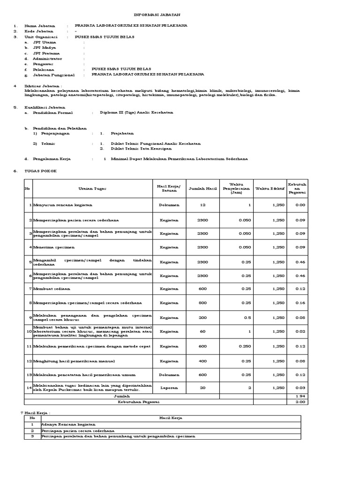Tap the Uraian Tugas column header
[92, 188]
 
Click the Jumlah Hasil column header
[202, 188]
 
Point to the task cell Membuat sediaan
[49, 289]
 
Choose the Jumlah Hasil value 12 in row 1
[202, 205]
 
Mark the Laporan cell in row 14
[169, 388]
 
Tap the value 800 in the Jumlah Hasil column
[202, 303]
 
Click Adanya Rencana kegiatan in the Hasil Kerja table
[64, 424]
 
